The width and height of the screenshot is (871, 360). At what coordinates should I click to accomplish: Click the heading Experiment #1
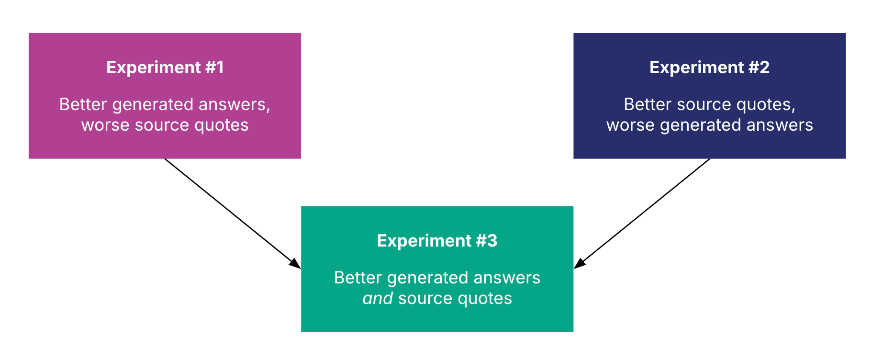click(x=165, y=67)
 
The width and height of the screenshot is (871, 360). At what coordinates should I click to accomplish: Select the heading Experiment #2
click(x=709, y=67)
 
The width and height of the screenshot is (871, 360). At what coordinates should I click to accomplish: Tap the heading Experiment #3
click(x=437, y=241)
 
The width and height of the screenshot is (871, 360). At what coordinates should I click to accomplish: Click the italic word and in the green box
click(x=378, y=298)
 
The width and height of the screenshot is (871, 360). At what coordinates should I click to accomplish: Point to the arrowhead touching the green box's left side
click(x=295, y=263)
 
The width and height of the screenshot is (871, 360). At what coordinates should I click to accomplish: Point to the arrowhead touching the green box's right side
click(x=580, y=263)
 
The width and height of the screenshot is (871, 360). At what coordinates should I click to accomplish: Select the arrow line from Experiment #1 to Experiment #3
click(x=230, y=211)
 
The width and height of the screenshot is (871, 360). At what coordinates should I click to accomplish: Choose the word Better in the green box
click(x=357, y=278)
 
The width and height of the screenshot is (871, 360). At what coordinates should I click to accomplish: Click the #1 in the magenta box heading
click(x=214, y=67)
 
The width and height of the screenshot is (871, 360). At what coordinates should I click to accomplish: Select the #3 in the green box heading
click(x=487, y=241)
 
